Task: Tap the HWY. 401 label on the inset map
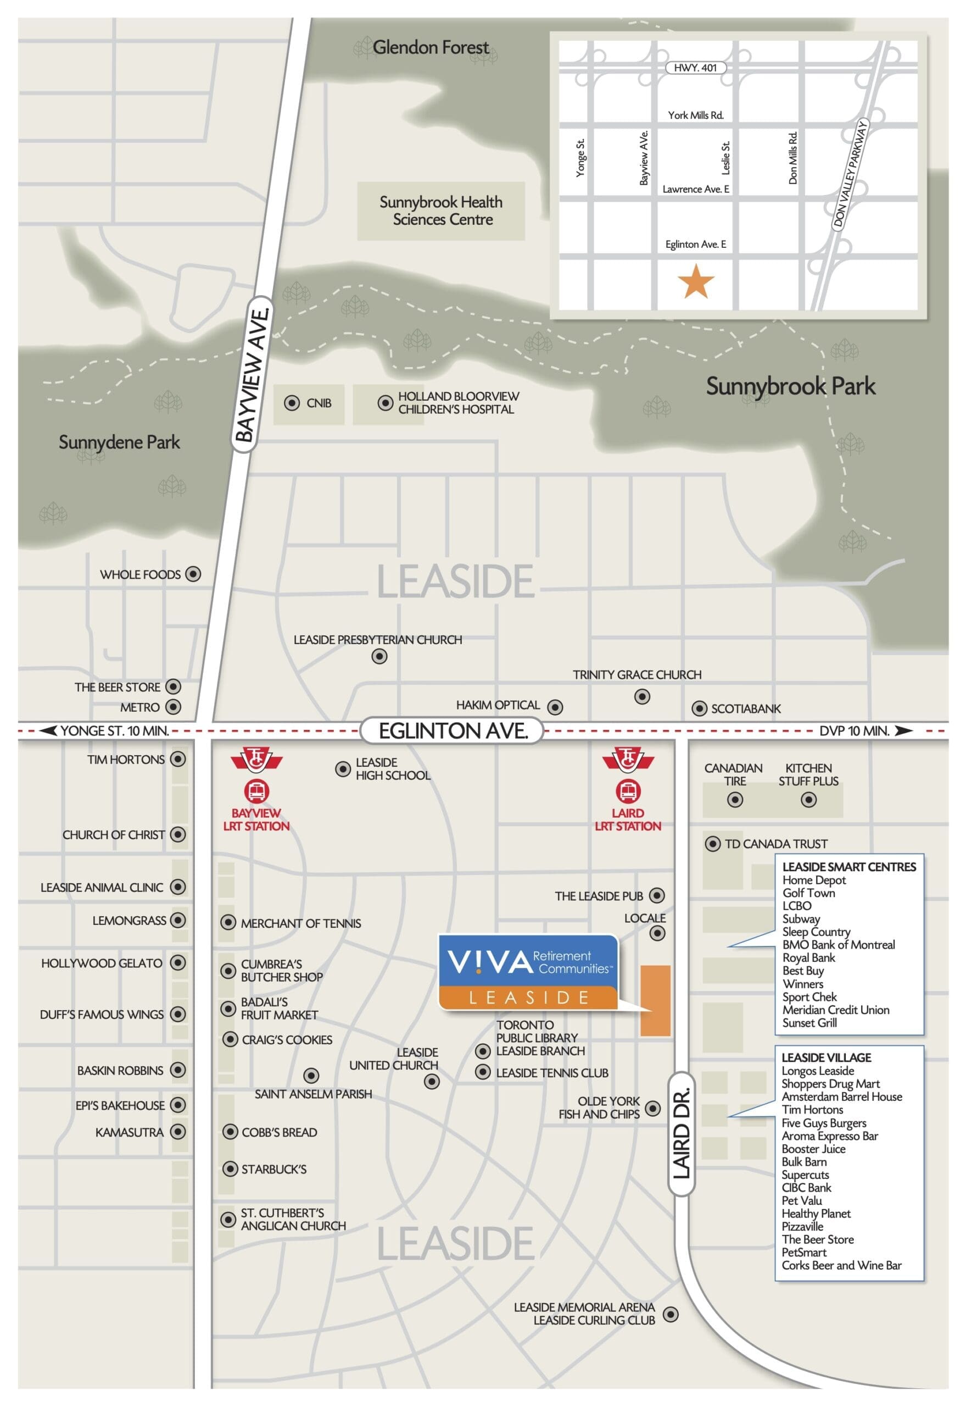(x=695, y=68)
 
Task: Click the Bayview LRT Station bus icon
(x=256, y=791)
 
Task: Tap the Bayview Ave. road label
(x=252, y=375)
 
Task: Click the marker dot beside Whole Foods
(x=193, y=574)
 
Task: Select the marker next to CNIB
(x=292, y=403)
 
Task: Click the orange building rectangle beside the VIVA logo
(x=655, y=1001)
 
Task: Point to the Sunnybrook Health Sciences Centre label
(x=440, y=211)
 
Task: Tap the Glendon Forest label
(x=430, y=47)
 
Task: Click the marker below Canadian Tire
(x=735, y=800)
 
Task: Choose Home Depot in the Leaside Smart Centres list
(x=813, y=880)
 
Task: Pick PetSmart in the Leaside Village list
(x=803, y=1252)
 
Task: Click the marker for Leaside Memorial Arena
(x=670, y=1314)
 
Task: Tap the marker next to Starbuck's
(x=230, y=1169)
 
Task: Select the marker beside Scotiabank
(x=699, y=708)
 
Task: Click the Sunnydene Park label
(x=119, y=442)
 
